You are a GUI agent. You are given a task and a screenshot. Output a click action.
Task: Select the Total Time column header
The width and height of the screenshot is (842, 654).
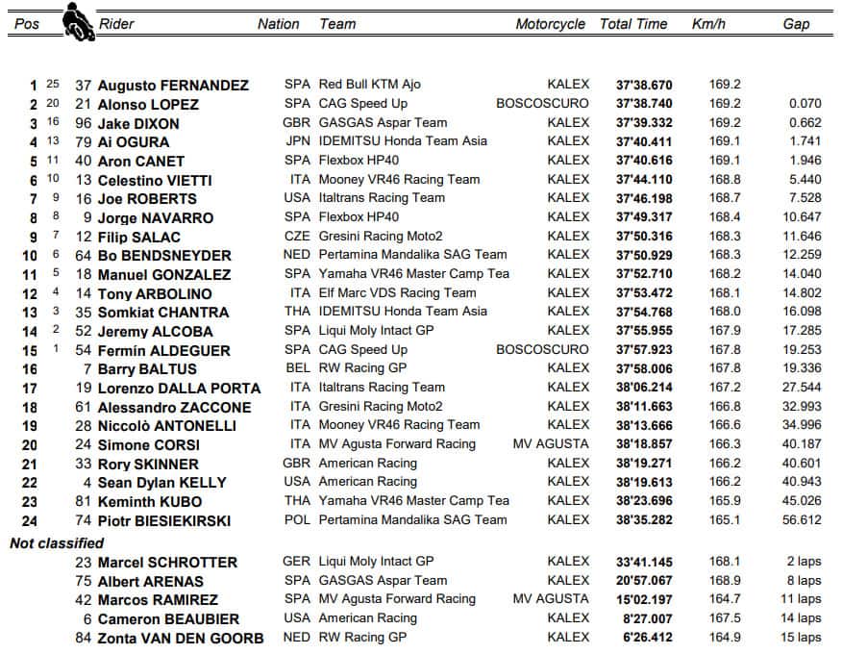635,24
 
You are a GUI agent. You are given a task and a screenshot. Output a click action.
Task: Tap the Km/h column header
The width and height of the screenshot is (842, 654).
708,24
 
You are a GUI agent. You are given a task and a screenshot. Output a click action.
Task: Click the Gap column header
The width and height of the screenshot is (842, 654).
796,24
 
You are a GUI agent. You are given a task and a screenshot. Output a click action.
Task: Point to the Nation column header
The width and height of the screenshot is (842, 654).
279,24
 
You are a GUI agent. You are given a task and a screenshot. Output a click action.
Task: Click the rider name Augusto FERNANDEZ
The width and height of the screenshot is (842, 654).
173,86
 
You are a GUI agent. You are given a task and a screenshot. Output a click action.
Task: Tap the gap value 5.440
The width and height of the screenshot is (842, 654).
805,180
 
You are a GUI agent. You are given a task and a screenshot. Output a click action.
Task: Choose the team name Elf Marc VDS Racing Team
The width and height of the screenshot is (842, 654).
397,293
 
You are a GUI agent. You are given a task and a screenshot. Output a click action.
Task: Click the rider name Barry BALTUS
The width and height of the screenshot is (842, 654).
147,369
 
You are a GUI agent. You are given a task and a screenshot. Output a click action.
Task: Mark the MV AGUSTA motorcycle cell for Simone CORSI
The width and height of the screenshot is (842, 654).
551,444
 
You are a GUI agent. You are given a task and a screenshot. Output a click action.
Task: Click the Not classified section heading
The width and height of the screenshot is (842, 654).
57,543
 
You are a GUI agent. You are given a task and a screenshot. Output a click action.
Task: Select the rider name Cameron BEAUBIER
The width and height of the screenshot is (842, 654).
168,619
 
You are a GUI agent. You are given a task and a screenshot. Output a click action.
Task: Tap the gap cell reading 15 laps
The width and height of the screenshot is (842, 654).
801,638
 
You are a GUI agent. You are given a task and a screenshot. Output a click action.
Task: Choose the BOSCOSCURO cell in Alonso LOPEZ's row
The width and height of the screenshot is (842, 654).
543,104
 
